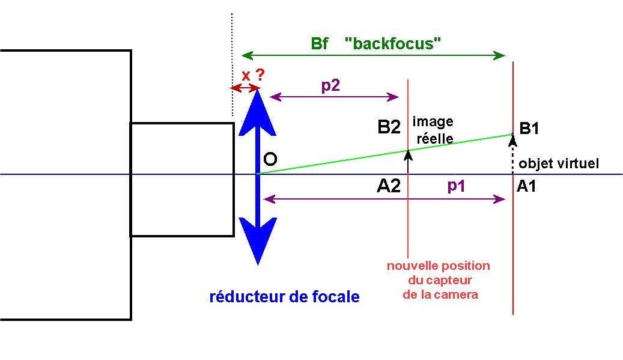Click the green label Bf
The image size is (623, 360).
click(x=320, y=43)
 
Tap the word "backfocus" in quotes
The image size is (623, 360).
click(x=393, y=43)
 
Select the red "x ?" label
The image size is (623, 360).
click(x=253, y=75)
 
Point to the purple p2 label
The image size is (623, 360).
click(x=330, y=85)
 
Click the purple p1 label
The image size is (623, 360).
click(x=456, y=186)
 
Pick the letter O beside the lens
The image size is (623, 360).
click(x=270, y=159)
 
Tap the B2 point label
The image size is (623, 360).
click(x=389, y=127)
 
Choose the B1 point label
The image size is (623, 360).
click(x=529, y=129)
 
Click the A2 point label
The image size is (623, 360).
click(x=389, y=186)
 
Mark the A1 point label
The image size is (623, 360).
click(x=526, y=186)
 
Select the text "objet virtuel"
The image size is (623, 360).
click(x=559, y=163)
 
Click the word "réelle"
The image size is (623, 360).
click(x=435, y=138)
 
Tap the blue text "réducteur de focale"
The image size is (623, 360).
click(x=285, y=296)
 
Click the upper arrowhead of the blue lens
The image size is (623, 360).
click(x=258, y=112)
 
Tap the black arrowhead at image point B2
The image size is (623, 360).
click(x=408, y=155)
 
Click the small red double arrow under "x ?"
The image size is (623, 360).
click(x=246, y=88)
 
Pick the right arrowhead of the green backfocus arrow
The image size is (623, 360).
click(x=499, y=55)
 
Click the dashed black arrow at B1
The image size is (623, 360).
click(x=512, y=153)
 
